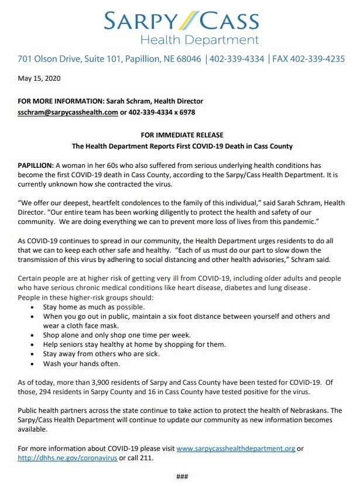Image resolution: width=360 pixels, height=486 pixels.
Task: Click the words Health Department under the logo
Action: pyautogui.click(x=199, y=40)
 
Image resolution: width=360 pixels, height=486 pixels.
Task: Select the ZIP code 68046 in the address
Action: pyautogui.click(x=186, y=59)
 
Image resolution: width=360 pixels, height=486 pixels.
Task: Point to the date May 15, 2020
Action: pyautogui.click(x=39, y=78)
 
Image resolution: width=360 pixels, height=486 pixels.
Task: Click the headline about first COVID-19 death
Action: pyautogui.click(x=182, y=146)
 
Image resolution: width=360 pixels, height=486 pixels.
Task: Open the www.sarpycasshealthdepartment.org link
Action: pyautogui.click(x=235, y=449)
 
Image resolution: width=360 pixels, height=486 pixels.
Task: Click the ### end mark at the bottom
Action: pyautogui.click(x=182, y=477)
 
